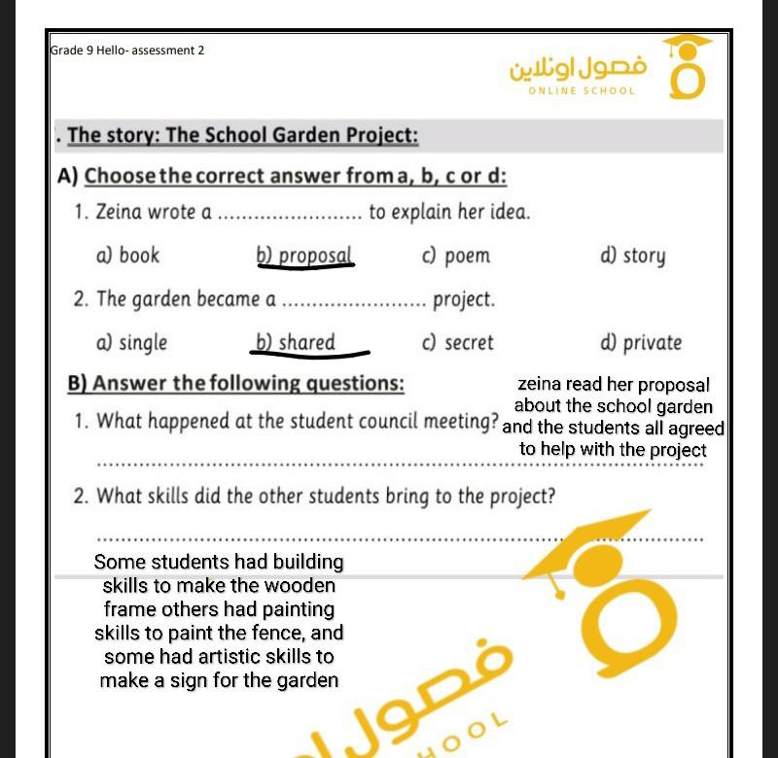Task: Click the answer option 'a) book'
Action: coord(127,256)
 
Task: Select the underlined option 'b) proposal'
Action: coord(304,256)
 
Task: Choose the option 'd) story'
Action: coord(633,256)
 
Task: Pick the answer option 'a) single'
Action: coord(131,343)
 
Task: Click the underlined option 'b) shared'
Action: coord(296,343)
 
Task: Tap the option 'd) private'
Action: coord(641,343)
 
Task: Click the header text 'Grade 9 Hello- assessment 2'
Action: coord(127,51)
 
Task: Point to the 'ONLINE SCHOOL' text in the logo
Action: coord(582,91)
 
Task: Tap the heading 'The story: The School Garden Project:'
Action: coord(243,136)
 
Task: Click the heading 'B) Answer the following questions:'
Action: coord(235,384)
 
